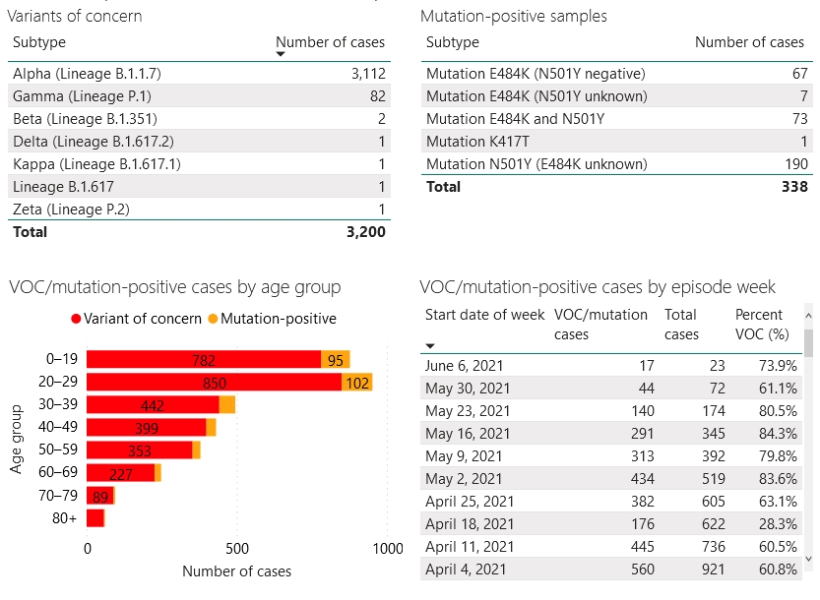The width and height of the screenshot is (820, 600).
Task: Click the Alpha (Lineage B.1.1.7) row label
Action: pos(87,74)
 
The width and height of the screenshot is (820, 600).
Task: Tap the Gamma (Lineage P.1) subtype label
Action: pos(82,96)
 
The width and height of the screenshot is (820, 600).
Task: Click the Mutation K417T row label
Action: pos(484,142)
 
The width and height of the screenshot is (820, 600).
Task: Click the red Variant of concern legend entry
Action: pos(137,319)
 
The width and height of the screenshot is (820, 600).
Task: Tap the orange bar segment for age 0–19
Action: pos(336,360)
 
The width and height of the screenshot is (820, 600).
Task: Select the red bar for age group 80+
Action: pos(95,518)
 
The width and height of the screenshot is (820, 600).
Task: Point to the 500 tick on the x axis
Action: pos(237,548)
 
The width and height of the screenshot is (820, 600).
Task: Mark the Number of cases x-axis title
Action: pos(237,571)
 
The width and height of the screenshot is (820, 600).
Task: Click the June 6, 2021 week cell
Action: pos(468,366)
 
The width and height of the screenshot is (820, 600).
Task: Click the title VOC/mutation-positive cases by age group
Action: pos(175,287)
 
